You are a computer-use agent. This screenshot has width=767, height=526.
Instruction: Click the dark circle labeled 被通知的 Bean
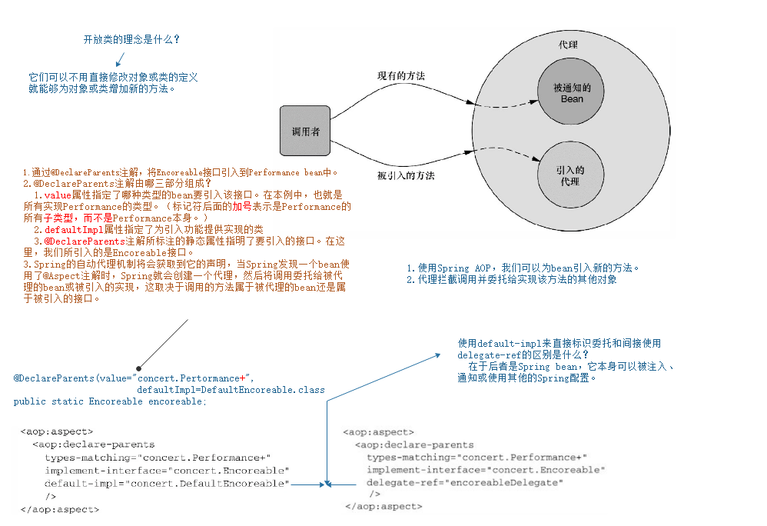(571, 93)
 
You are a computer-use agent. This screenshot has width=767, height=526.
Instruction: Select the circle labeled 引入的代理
(571, 176)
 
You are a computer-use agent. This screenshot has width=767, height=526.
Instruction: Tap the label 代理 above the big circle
(568, 45)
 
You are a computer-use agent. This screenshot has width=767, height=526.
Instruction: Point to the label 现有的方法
(400, 76)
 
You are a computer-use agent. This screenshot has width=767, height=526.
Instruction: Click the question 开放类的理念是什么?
(132, 39)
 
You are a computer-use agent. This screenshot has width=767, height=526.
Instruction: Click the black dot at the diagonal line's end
(138, 368)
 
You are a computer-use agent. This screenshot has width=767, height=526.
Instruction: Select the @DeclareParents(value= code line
(133, 378)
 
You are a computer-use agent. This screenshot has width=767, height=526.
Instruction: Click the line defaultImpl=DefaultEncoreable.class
(231, 390)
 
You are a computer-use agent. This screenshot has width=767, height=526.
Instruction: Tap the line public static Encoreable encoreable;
(110, 401)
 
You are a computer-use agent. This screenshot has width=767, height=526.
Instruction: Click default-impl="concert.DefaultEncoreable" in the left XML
(166, 483)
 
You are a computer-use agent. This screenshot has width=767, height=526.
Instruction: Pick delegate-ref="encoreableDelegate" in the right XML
(464, 482)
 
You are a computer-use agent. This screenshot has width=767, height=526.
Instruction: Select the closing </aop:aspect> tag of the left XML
(60, 508)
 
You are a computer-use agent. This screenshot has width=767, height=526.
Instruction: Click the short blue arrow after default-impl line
(307, 484)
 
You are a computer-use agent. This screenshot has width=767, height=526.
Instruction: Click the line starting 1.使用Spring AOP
(523, 268)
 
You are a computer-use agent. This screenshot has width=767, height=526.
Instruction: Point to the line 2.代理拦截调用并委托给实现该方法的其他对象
(511, 280)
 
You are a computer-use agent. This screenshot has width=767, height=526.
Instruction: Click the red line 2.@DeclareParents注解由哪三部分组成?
(116, 184)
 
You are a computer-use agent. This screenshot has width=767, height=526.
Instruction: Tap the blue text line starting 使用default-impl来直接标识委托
(559, 344)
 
